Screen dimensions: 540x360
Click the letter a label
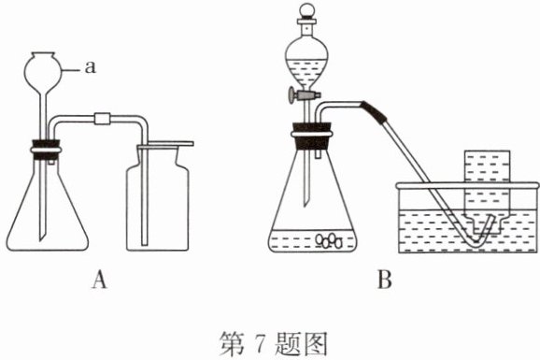pos(91,67)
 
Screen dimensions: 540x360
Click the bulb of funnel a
pos(43,71)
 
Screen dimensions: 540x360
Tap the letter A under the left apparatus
pos(99,279)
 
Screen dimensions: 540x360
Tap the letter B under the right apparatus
pos(384,279)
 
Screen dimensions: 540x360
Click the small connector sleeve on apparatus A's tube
pos(102,118)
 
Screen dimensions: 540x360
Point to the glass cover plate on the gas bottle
pos(165,145)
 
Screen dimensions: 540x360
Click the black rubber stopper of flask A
pos(46,150)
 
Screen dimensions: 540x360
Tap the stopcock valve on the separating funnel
pos(305,94)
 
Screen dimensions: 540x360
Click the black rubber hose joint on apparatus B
pos(374,112)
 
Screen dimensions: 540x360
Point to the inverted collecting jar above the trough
pos(487,192)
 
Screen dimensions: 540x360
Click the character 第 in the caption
pos(232,343)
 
